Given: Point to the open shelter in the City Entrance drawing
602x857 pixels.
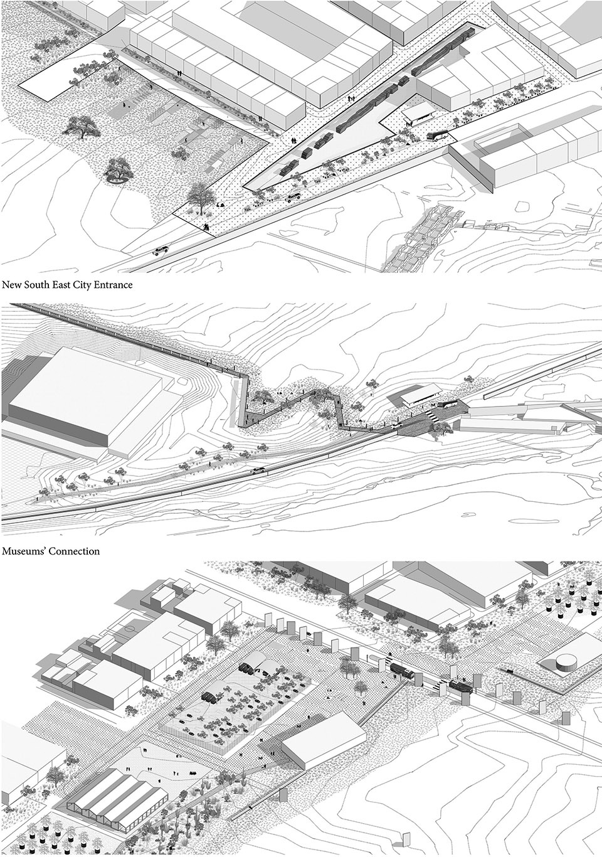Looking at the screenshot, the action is pyautogui.click(x=417, y=113).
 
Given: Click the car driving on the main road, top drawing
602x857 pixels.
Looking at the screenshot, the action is pyautogui.click(x=161, y=252).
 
